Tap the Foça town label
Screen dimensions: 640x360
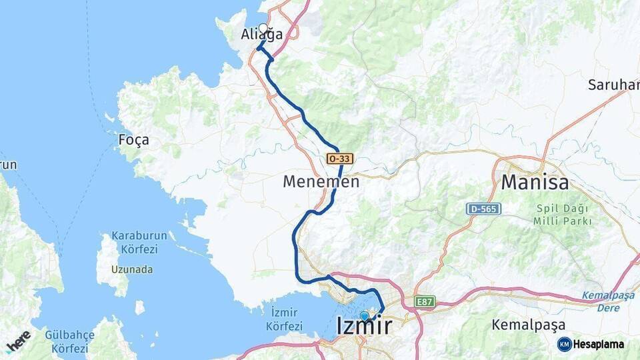click(x=133, y=140)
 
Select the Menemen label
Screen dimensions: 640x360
click(x=321, y=181)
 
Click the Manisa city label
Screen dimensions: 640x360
click(x=535, y=181)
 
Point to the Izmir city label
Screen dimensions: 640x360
click(x=364, y=326)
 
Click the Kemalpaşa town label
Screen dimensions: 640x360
click(x=528, y=325)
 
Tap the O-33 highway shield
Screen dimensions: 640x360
click(x=339, y=159)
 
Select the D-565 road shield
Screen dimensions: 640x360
click(x=483, y=209)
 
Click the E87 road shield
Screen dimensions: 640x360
click(x=424, y=301)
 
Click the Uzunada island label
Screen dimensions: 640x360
click(x=132, y=269)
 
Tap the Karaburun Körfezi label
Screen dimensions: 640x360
click(x=134, y=243)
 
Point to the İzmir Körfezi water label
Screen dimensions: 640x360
click(x=284, y=319)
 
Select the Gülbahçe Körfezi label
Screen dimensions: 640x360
click(x=66, y=341)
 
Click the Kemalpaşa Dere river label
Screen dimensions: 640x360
click(x=609, y=301)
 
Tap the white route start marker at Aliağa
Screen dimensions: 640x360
click(x=263, y=29)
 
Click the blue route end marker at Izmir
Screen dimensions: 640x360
click(x=364, y=316)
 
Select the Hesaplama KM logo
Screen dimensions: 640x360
click(x=591, y=344)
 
